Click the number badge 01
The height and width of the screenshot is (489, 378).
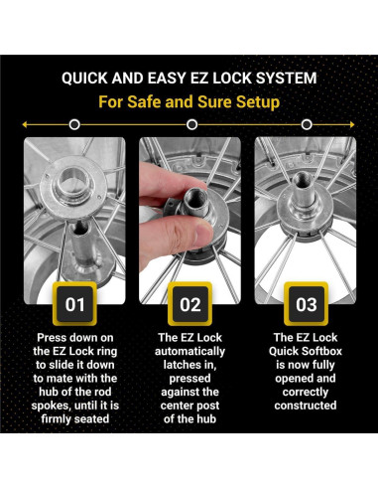click(75, 304)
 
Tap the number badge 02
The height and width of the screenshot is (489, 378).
click(189, 304)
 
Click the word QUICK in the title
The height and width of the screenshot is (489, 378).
click(88, 77)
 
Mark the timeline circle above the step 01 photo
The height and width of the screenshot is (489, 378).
click(75, 124)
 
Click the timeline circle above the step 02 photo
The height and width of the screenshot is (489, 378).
click(189, 124)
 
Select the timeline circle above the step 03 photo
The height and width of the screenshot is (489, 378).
click(307, 124)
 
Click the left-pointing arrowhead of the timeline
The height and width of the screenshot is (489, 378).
click(24, 124)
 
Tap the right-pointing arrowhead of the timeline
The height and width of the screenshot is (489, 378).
click(355, 124)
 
